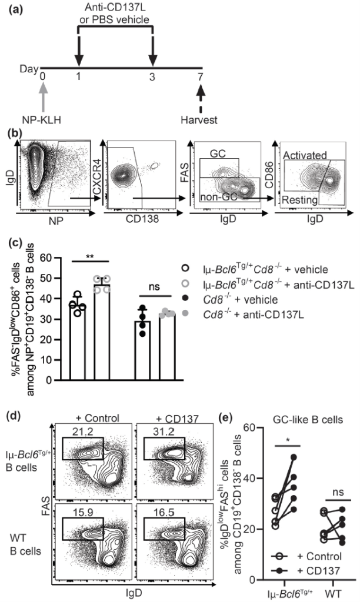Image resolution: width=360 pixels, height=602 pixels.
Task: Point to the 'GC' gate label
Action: point(218,153)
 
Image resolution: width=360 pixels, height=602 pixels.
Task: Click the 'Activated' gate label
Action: point(305,155)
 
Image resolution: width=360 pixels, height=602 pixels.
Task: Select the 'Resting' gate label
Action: point(300,200)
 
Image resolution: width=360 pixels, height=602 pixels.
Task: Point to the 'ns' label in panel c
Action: point(154,287)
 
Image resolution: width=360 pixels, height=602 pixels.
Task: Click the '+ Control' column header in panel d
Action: point(94,418)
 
